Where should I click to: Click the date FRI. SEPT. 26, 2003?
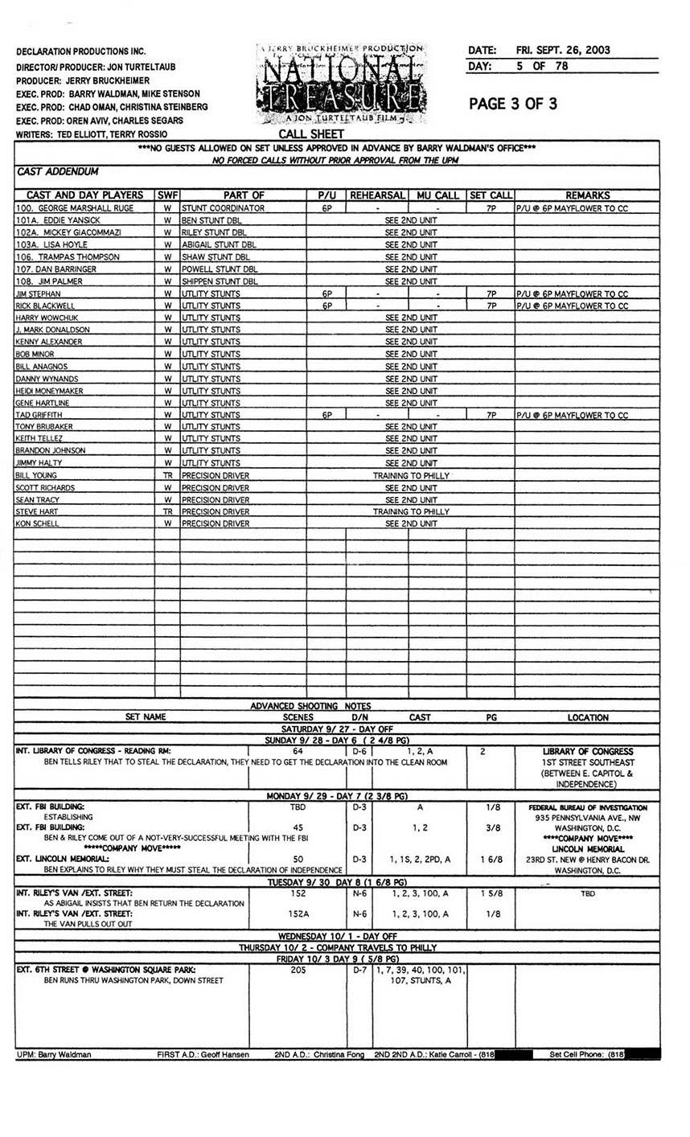pos(563,50)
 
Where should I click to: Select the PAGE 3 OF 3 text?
pos(513,104)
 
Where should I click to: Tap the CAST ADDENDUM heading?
pos(57,171)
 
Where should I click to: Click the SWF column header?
pos(167,195)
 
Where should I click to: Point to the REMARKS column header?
pos(587,195)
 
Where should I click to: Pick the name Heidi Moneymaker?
pos(49,391)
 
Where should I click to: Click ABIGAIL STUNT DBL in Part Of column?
pos(219,244)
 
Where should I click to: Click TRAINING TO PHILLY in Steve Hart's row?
pos(411,511)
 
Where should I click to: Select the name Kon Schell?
pos(38,524)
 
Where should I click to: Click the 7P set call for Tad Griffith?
pos(491,416)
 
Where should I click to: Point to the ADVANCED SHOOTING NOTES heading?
pos(310,706)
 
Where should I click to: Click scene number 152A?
pos(298,913)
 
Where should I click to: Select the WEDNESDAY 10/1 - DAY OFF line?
pos(338,937)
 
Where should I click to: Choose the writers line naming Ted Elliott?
pos(92,134)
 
